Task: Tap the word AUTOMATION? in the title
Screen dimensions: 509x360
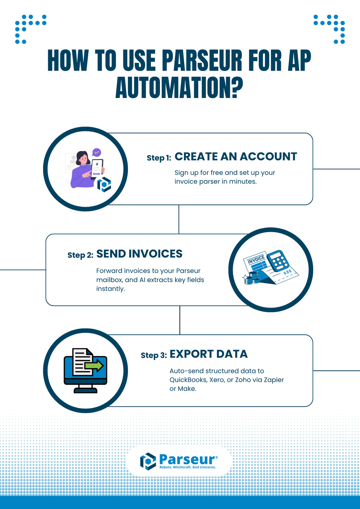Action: [179, 88]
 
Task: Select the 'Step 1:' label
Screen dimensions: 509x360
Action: [159, 158]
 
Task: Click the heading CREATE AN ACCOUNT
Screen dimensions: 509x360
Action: [236, 157]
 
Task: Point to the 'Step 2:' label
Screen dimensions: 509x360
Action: [80, 255]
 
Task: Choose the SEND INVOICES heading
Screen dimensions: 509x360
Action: [139, 254]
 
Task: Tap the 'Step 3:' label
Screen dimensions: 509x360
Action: [154, 355]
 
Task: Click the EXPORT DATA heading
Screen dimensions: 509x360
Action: [208, 354]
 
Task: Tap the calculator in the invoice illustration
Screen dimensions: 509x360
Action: [278, 261]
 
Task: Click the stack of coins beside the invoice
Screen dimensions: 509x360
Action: [251, 279]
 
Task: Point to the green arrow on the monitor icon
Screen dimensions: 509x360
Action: [94, 366]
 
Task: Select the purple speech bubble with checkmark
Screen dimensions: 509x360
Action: [96, 152]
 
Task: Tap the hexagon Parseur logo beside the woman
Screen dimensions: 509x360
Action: [104, 184]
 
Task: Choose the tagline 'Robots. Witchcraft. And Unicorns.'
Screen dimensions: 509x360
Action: [187, 467]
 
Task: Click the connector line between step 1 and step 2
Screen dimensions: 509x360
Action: [179, 219]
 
